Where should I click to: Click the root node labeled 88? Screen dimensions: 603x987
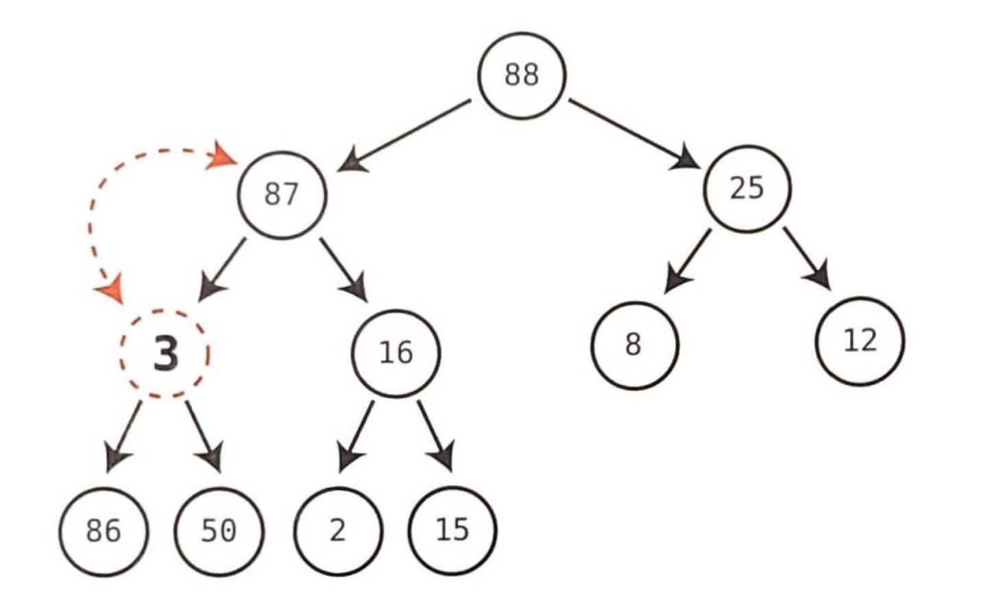(522, 75)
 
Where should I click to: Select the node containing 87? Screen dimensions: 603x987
(282, 195)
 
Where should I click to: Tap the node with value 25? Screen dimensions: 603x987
(747, 187)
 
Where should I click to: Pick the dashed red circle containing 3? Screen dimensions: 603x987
(165, 354)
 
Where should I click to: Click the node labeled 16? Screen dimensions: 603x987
(395, 352)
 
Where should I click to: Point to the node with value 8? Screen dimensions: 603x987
(634, 345)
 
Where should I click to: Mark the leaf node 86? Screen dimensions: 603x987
(103, 530)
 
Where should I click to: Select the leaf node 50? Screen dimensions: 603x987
(219, 530)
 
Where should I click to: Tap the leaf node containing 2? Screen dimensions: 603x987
(338, 530)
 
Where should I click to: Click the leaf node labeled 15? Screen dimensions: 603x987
(452, 530)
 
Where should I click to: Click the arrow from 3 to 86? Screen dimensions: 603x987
(123, 436)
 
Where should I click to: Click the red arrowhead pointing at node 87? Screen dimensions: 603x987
(223, 156)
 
